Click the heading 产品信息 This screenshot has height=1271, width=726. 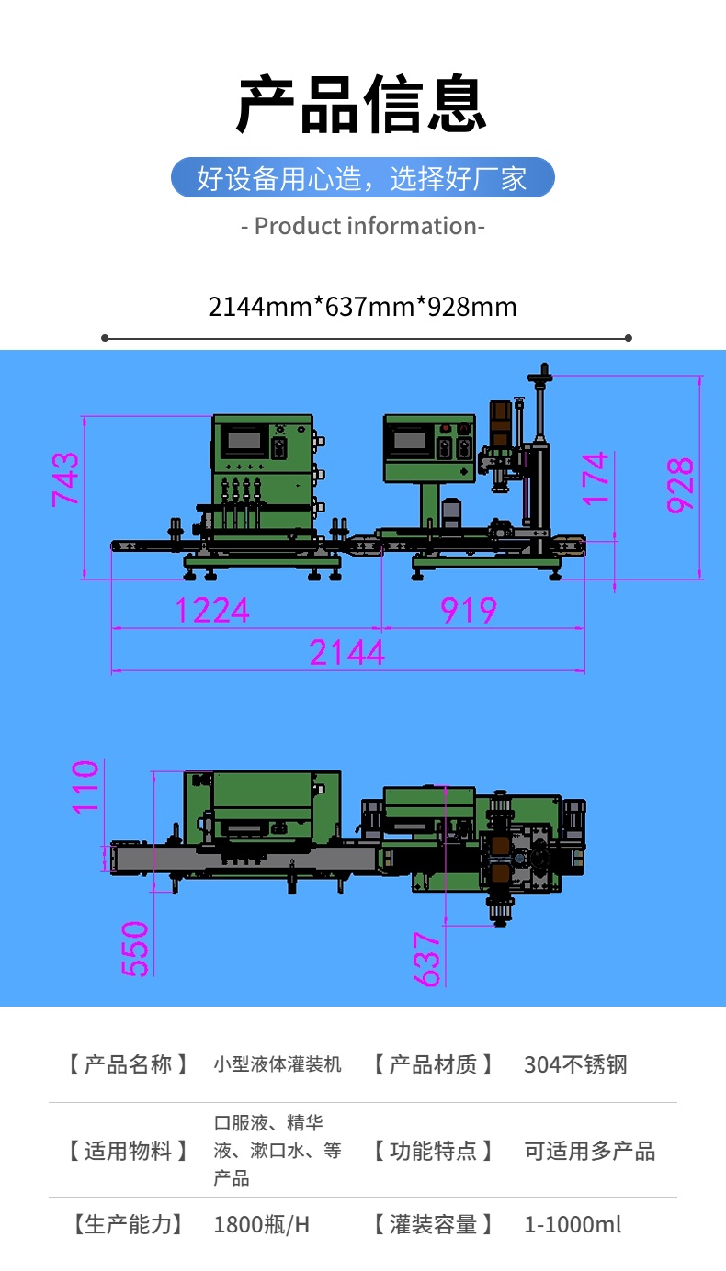[x=362, y=104]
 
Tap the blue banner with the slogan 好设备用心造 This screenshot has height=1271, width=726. [x=363, y=177]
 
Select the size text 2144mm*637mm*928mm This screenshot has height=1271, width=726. [x=363, y=307]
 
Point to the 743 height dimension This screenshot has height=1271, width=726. [x=65, y=479]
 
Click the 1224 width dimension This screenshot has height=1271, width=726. [x=212, y=611]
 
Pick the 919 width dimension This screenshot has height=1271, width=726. [x=469, y=611]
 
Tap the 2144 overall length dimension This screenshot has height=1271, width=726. [x=347, y=653]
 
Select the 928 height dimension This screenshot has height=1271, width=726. [x=680, y=486]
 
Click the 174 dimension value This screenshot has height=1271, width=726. [x=595, y=478]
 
